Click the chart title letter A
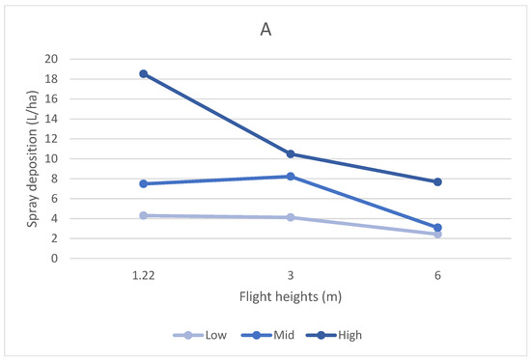pyautogui.click(x=265, y=30)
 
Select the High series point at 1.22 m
pyautogui.click(x=143, y=73)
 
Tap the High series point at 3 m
pyautogui.click(x=290, y=154)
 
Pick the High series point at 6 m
pyautogui.click(x=437, y=182)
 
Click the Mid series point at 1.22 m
pyautogui.click(x=143, y=183)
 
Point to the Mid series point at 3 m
pyautogui.click(x=290, y=177)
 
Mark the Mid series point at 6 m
pyautogui.click(x=437, y=228)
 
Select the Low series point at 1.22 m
pyautogui.click(x=143, y=215)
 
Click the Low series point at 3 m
pyautogui.click(x=290, y=217)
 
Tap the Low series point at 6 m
pyautogui.click(x=437, y=235)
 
